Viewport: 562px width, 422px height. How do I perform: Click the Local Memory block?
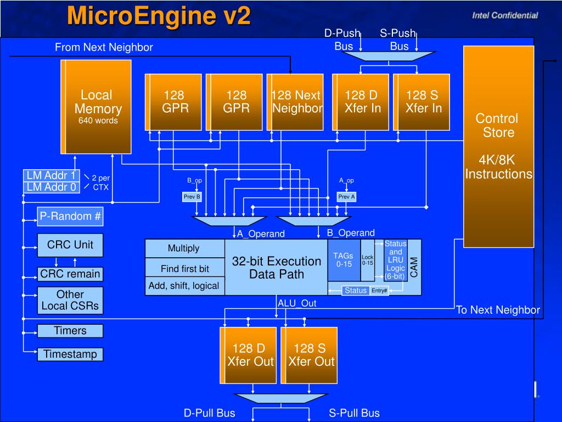[x=96, y=107]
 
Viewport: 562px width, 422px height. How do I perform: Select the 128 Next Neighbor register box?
[x=295, y=102]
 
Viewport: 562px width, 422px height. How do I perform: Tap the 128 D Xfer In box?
[x=361, y=102]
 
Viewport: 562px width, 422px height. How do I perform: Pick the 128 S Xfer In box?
[x=421, y=102]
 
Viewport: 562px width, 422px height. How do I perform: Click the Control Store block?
[x=498, y=146]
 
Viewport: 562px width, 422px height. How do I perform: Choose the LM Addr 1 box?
[x=52, y=175]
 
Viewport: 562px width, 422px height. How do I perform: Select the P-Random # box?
[x=70, y=216]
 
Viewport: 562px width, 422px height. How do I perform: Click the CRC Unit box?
[x=70, y=245]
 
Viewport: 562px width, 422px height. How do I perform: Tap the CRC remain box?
[x=70, y=274]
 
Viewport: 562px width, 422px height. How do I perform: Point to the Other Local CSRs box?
[x=70, y=301]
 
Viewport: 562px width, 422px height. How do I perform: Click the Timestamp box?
[x=70, y=354]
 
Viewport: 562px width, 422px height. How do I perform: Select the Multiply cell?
[x=184, y=248]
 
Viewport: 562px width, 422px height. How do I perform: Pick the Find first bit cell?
[x=184, y=268]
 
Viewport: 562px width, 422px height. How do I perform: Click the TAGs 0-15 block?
[x=344, y=260]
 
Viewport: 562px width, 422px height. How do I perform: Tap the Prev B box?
[x=192, y=197]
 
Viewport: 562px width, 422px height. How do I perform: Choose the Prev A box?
[x=347, y=197]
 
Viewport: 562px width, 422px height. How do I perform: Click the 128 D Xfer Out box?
[x=248, y=356]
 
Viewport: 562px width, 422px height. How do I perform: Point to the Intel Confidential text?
[x=505, y=15]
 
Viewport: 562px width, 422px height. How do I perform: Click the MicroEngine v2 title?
[x=159, y=16]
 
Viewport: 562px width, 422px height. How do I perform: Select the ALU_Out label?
[x=297, y=303]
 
